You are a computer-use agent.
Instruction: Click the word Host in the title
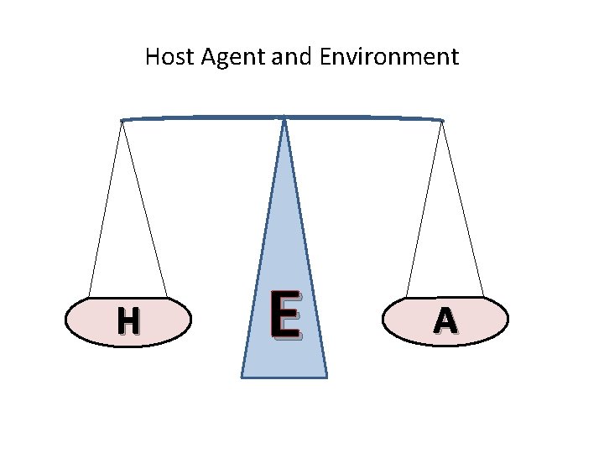[166, 57]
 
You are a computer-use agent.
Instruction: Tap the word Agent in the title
[223, 58]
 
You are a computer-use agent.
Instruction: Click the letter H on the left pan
[128, 320]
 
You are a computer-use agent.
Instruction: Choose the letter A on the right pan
[445, 320]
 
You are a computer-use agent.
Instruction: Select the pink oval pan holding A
[487, 320]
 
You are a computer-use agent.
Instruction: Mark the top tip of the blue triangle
[285, 120]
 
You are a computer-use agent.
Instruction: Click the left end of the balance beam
[122, 120]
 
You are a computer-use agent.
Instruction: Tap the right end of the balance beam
[442, 121]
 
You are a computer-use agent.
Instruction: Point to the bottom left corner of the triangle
[242, 377]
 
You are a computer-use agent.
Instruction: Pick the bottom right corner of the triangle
[326, 377]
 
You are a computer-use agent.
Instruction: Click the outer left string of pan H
[105, 210]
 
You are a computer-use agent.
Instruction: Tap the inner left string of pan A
[424, 210]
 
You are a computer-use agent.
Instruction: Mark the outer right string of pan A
[463, 210]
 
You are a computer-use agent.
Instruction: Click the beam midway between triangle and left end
[204, 117]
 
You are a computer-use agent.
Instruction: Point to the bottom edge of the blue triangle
[284, 377]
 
